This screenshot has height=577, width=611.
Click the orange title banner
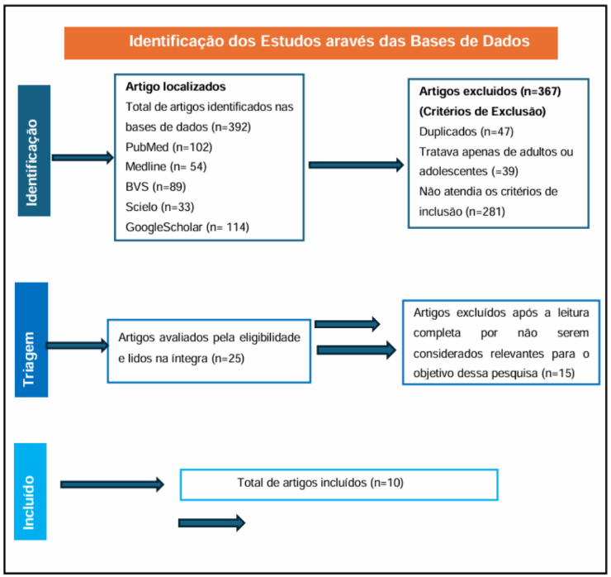click(x=311, y=43)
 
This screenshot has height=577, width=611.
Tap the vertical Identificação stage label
click(x=34, y=150)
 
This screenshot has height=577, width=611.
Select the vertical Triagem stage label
click(x=31, y=340)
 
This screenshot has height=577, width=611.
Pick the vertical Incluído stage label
click(x=30, y=491)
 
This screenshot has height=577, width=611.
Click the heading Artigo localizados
click(x=175, y=86)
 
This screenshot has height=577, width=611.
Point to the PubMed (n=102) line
click(x=168, y=147)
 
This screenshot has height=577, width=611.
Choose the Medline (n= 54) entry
click(x=166, y=167)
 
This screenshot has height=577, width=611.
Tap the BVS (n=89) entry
click(x=155, y=187)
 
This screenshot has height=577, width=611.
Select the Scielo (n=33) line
click(x=159, y=207)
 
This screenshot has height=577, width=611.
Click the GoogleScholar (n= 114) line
click(x=187, y=227)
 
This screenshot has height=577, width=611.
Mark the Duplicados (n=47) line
click(x=466, y=132)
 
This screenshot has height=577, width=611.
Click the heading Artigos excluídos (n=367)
click(x=490, y=91)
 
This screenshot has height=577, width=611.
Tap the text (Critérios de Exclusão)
click(x=482, y=112)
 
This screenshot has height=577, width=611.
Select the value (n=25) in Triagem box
click(x=228, y=358)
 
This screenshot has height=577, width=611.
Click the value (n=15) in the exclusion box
click(x=558, y=374)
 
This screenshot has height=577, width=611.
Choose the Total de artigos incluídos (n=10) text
click(x=320, y=483)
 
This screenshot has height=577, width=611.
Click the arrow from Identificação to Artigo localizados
click(x=83, y=158)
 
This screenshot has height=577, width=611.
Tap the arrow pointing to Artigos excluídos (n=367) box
click(x=356, y=165)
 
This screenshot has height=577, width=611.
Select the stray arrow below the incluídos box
click(x=211, y=522)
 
